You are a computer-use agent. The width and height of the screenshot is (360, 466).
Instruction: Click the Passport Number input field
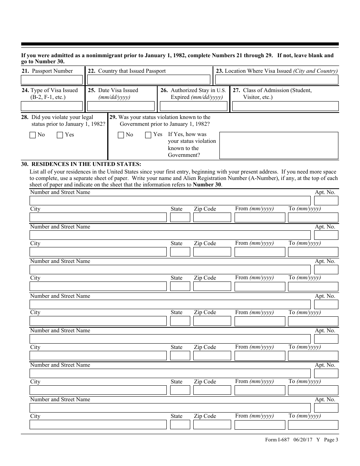click(52, 80)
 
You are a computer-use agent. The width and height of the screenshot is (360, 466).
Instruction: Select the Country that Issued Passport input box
click(149, 80)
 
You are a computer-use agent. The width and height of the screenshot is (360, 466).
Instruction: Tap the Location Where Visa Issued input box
click(277, 80)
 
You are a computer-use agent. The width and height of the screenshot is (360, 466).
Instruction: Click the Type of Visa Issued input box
click(52, 106)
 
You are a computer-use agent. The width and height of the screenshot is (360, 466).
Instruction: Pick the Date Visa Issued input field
click(121, 106)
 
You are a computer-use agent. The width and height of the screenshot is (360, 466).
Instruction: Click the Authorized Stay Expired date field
click(193, 106)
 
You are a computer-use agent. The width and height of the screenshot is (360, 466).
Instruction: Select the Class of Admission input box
click(285, 106)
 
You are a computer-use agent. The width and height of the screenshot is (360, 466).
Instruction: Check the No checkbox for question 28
click(33, 135)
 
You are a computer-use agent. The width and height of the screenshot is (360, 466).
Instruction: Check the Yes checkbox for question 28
click(60, 135)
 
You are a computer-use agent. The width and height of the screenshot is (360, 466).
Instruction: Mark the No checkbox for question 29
click(121, 135)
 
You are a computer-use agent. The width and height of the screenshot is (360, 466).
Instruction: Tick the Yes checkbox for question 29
click(148, 135)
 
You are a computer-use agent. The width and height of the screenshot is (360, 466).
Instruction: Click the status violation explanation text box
click(279, 145)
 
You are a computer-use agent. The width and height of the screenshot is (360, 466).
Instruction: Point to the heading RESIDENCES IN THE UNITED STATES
click(86, 164)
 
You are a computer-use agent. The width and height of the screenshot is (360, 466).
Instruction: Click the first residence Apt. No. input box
click(326, 200)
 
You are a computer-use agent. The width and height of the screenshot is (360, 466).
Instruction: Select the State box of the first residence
click(180, 217)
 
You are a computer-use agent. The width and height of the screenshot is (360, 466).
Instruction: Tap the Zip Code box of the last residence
click(212, 424)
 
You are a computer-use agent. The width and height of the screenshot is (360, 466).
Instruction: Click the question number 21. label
click(25, 71)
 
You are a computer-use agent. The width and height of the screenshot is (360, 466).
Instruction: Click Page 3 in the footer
click(331, 440)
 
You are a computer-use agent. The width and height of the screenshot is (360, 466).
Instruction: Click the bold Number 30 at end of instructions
click(207, 185)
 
